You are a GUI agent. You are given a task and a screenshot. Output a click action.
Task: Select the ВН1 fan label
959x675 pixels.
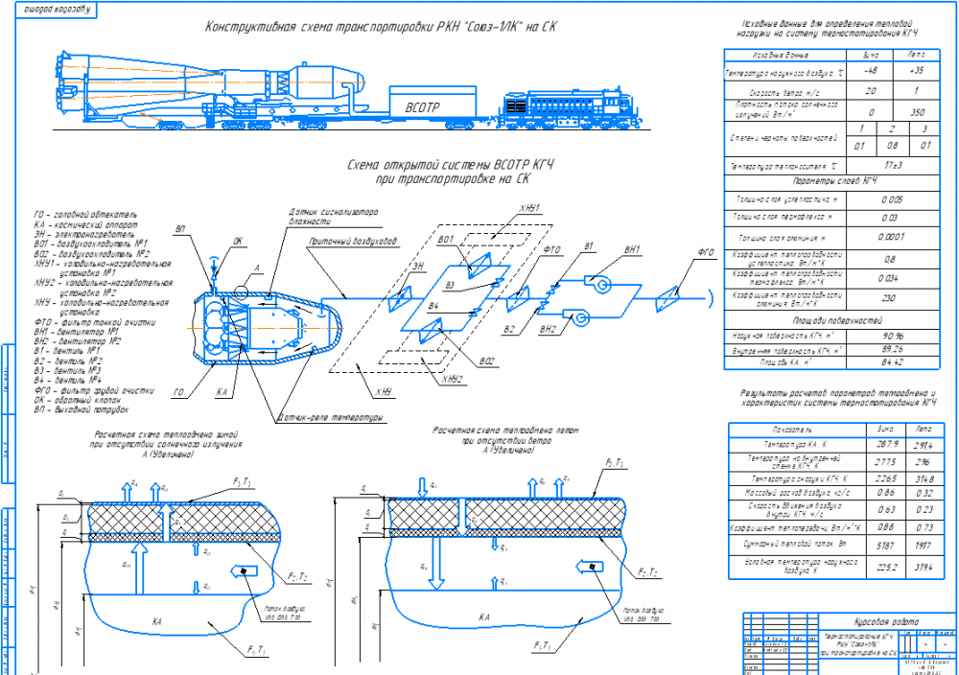coord(632,250)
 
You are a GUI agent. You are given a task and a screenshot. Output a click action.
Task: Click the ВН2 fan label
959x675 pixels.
coord(548,329)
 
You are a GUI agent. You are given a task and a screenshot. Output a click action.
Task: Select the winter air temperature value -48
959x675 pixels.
coord(871,72)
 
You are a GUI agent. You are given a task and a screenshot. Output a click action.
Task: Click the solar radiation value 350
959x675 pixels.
coord(917,111)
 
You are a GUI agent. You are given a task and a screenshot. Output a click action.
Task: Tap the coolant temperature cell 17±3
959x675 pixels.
coord(893,166)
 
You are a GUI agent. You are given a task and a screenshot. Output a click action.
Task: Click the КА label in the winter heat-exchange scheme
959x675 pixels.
coord(156,622)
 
